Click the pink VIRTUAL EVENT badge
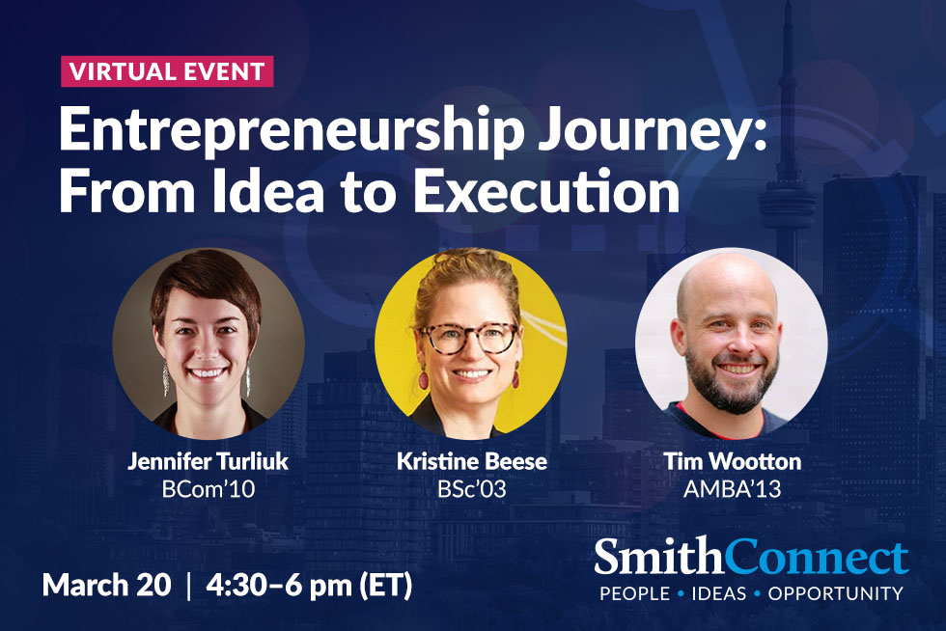click(x=167, y=71)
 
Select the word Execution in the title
click(x=546, y=191)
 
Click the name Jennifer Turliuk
click(x=209, y=461)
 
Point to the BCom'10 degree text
click(x=209, y=488)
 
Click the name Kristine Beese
click(x=472, y=461)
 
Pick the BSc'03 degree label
click(x=472, y=488)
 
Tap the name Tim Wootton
click(x=733, y=461)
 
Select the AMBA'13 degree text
click(x=733, y=488)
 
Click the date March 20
click(x=106, y=585)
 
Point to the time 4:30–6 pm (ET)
click(x=309, y=586)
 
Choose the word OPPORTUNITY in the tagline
click(x=836, y=593)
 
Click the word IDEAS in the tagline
click(x=718, y=593)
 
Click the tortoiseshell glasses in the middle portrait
click(x=468, y=338)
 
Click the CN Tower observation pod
click(x=787, y=202)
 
